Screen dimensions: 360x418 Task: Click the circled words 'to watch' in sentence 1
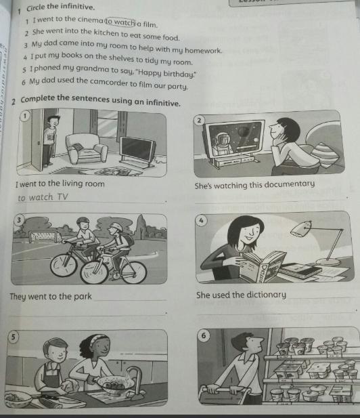coord(120,22)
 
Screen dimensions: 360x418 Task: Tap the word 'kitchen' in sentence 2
coord(106,33)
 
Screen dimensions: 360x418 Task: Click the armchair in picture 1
coord(86,148)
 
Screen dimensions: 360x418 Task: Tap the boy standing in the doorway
coord(50,141)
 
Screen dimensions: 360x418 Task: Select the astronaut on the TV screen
coord(224,144)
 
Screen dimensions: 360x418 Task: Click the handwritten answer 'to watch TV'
coord(43,198)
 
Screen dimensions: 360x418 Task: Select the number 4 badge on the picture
coord(201,221)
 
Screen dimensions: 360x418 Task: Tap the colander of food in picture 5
coord(114,384)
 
